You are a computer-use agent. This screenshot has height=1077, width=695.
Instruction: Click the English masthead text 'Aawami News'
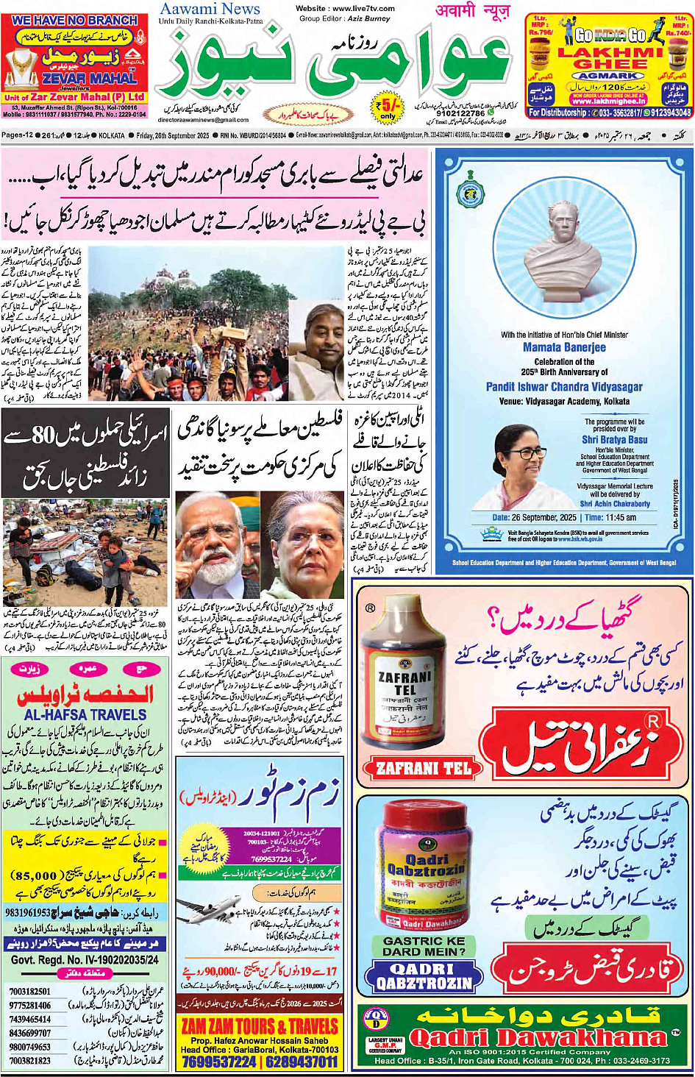pyautogui.click(x=210, y=9)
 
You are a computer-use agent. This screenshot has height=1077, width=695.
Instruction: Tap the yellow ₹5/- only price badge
pyautogui.click(x=388, y=107)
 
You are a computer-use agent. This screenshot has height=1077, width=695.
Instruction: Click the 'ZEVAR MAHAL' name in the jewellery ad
pyautogui.click(x=89, y=78)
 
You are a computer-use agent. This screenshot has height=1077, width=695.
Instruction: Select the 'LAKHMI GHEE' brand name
pyautogui.click(x=610, y=58)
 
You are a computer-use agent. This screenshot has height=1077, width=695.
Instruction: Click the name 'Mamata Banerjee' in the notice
pyautogui.click(x=564, y=347)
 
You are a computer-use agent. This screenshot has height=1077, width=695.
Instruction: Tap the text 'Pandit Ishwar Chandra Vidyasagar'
pyautogui.click(x=564, y=387)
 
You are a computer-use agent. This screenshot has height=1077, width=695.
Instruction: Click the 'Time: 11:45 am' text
pyautogui.click(x=610, y=518)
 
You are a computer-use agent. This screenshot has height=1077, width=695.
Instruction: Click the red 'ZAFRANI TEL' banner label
pyautogui.click(x=423, y=769)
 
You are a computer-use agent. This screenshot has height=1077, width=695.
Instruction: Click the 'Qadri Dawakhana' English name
pyautogui.click(x=537, y=1038)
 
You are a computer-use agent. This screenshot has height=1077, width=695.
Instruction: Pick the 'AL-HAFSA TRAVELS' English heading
pyautogui.click(x=85, y=714)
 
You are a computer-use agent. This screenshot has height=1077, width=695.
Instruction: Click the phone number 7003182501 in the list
pyautogui.click(x=30, y=992)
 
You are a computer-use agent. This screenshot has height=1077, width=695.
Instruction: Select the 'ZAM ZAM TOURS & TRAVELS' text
pyautogui.click(x=260, y=1026)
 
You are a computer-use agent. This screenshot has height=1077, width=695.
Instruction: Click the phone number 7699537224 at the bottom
pyautogui.click(x=219, y=1062)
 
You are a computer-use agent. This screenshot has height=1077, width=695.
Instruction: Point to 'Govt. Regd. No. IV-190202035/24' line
pyautogui.click(x=85, y=960)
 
